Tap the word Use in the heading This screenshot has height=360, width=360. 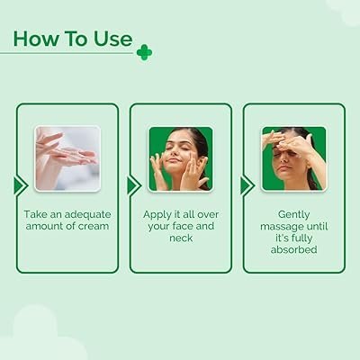(x=113, y=39)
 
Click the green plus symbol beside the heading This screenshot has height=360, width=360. (x=144, y=52)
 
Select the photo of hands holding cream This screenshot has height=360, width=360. (x=67, y=158)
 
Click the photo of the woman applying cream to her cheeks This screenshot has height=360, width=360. (x=181, y=158)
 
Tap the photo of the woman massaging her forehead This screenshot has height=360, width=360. (x=294, y=158)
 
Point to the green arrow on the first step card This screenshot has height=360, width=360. (x=21, y=185)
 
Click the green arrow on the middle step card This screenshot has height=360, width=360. (x=134, y=185)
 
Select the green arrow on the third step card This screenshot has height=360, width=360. (x=247, y=185)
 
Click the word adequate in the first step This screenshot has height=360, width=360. (x=87, y=215)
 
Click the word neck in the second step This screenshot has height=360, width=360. (x=181, y=238)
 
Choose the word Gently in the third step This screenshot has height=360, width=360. (x=294, y=215)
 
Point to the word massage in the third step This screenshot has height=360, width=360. (x=281, y=227)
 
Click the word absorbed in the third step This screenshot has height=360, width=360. (x=294, y=249)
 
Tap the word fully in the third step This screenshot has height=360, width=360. (x=302, y=238)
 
